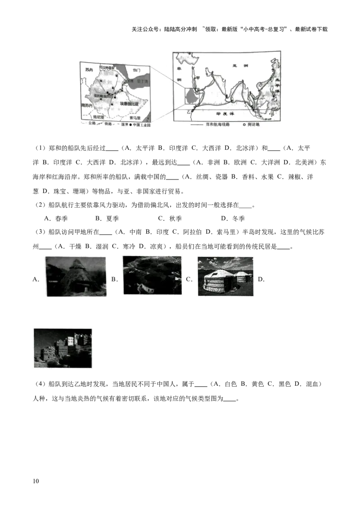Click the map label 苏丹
click(x=89, y=70)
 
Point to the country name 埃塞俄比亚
click(x=129, y=104)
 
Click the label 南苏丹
click(x=87, y=105)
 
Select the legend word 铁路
click(x=108, y=124)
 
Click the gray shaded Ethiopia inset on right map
click(x=192, y=96)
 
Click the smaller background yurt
click(x=242, y=276)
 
